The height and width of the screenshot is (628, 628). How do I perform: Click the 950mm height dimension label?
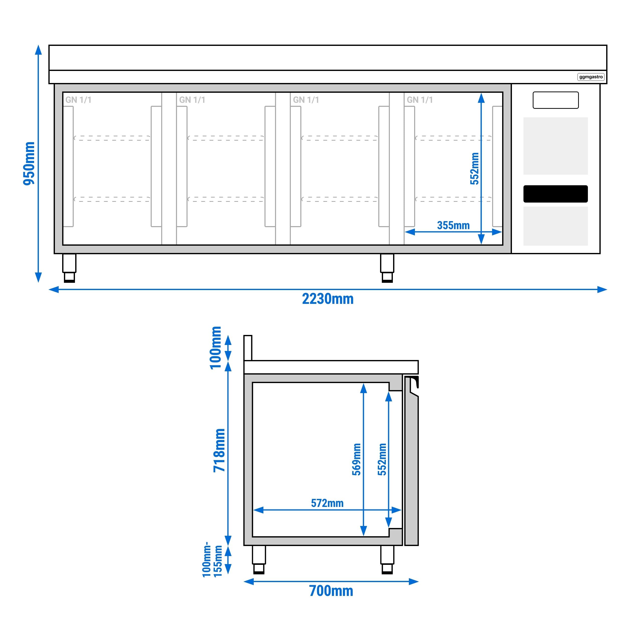coord(29,163)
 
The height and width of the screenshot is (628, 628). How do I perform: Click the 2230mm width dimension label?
coord(328,299)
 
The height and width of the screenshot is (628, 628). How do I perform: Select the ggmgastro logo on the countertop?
coord(591,77)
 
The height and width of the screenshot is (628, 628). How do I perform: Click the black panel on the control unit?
coord(556,194)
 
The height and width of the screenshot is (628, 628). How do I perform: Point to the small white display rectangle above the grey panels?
coord(556,100)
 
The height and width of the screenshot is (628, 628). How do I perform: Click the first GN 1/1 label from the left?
coord(78,100)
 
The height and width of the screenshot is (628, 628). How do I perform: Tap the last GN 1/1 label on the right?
coord(420,100)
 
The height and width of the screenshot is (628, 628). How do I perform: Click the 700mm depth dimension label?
coord(331,591)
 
